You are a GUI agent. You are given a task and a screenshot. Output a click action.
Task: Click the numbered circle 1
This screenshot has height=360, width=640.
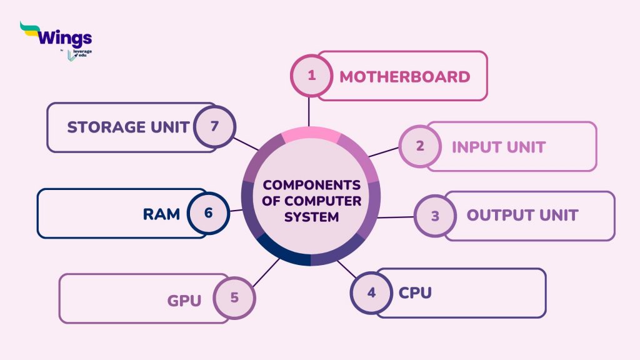[x=312, y=76]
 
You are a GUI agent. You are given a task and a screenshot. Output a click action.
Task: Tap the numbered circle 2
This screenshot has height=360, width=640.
[x=420, y=146]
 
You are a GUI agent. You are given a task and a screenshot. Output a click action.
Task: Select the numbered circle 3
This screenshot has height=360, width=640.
[x=436, y=216]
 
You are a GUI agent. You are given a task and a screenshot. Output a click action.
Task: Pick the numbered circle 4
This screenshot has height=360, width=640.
[x=371, y=292]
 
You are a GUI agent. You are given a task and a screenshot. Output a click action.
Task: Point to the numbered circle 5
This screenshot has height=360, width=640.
[x=234, y=297]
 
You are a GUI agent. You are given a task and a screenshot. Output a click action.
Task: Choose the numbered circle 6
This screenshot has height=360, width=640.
[x=208, y=213]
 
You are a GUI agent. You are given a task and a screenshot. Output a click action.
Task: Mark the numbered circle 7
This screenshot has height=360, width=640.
[x=214, y=126]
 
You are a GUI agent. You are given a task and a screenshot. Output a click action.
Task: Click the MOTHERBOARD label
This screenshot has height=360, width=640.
[x=404, y=77]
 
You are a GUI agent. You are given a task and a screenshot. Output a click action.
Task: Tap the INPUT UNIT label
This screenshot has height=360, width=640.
[x=498, y=147]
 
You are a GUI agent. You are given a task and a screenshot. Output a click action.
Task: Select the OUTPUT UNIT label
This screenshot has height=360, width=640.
[x=522, y=216]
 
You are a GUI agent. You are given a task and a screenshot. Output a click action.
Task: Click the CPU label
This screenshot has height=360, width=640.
[x=415, y=292]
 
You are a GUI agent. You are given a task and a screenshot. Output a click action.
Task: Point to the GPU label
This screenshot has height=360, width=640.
[x=184, y=301]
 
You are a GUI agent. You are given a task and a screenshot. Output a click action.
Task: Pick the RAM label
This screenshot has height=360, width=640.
[x=161, y=214]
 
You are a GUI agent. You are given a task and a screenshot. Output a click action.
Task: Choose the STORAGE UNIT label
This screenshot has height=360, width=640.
[x=128, y=127]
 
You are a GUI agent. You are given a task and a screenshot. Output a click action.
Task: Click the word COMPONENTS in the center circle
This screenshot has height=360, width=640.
[x=311, y=186]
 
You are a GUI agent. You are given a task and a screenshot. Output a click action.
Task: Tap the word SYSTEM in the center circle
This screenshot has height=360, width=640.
[x=311, y=217]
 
